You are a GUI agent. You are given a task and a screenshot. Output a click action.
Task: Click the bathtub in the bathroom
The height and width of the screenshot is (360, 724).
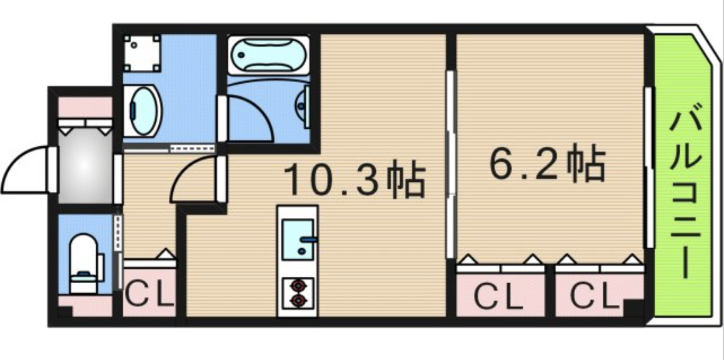click(268, 55)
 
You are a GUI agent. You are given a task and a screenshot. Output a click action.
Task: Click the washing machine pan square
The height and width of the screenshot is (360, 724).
click(143, 54)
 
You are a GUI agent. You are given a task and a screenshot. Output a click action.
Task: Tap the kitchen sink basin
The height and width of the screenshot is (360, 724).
click(297, 239)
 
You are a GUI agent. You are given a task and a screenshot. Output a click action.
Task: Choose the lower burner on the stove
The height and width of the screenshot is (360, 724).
click(297, 301)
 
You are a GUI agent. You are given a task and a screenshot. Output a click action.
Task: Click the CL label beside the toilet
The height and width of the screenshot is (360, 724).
click(149, 294)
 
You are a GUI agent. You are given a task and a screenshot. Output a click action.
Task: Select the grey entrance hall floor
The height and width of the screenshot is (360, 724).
click(84, 166)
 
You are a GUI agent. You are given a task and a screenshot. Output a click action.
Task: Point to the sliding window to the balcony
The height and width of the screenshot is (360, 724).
click(648, 169)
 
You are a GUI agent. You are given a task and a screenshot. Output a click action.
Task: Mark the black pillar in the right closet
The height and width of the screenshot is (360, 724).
click(634, 308)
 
